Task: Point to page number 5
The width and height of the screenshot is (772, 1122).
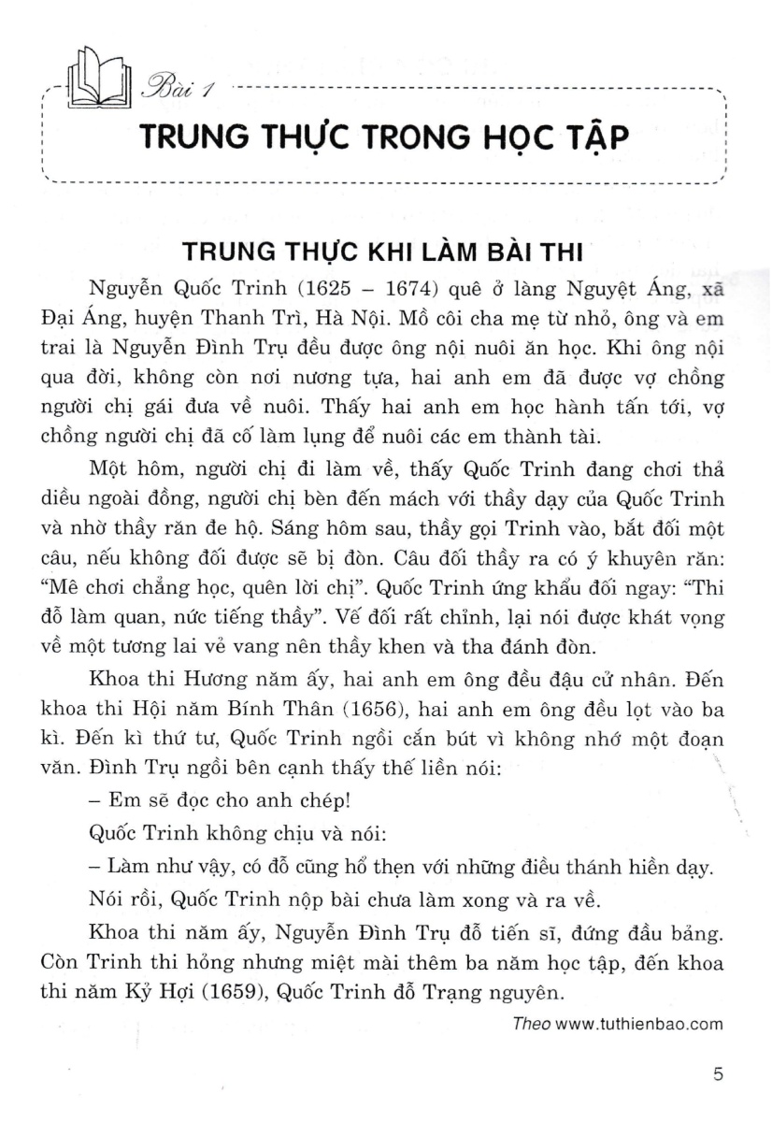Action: [718, 1075]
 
